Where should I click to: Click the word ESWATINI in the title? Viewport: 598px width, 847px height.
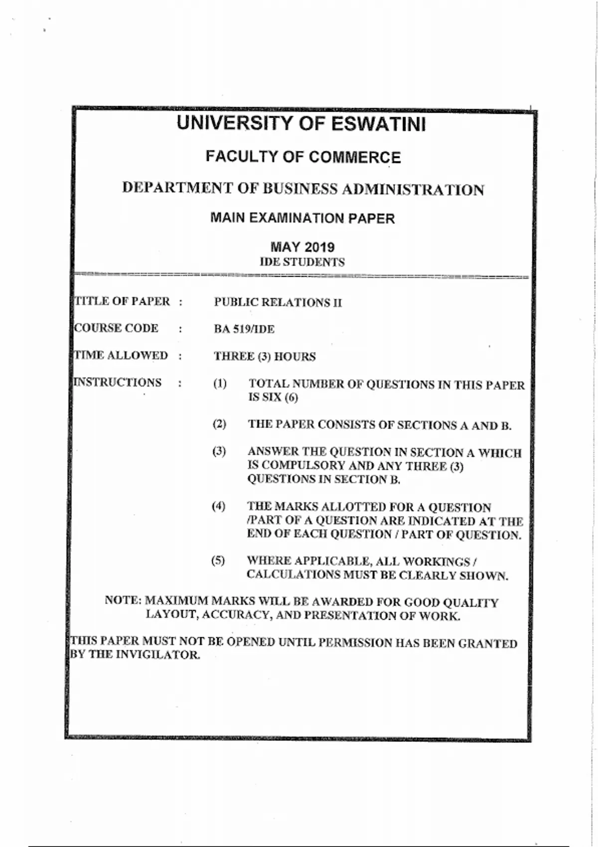[x=379, y=124]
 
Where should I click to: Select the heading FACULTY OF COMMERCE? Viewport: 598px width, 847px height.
[x=303, y=157]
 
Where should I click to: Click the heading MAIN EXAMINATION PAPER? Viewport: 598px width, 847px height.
[x=302, y=218]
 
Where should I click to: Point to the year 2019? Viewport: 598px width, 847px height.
[x=319, y=247]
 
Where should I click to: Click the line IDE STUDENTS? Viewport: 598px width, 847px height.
[x=302, y=262]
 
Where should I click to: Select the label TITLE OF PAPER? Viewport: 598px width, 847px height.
[x=122, y=301]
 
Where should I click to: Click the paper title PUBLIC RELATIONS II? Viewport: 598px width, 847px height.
[x=278, y=302]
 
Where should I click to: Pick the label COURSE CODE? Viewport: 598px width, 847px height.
[x=116, y=328]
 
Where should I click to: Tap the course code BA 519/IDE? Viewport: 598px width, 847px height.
[x=244, y=329]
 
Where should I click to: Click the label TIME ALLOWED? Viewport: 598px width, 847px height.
[x=121, y=355]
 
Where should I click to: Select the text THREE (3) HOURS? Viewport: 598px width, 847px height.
[x=265, y=357]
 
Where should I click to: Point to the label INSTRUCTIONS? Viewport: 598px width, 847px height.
[x=118, y=382]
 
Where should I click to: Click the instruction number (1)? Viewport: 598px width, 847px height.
[x=220, y=384]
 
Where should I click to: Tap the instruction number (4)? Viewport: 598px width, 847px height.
[x=218, y=506]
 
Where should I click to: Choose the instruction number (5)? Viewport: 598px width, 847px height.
[x=218, y=561]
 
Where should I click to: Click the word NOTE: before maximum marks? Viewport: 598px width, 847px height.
[x=123, y=600]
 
